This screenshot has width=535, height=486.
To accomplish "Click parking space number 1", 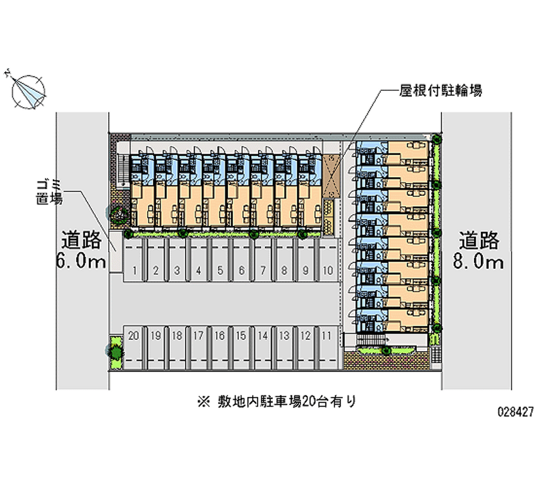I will tap(135, 271).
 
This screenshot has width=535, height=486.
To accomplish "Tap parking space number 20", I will tap(134, 335).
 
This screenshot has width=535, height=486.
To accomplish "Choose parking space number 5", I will tap(220, 271).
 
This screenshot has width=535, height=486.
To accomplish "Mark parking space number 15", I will tap(241, 335).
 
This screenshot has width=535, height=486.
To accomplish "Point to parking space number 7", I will tap(263, 271).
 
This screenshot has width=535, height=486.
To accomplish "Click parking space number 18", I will tap(177, 335).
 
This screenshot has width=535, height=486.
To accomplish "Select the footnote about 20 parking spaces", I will tap(276, 401).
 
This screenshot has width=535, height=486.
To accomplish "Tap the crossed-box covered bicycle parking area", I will tap(331, 176).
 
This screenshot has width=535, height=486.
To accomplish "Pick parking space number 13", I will tap(284, 335).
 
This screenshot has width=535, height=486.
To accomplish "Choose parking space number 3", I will tap(177, 271).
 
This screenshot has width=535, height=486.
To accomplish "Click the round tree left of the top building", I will tap(119, 214).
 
